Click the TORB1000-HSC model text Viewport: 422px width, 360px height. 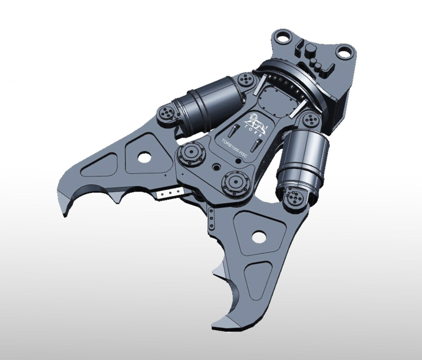(234, 150)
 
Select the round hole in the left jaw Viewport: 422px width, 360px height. (144, 157)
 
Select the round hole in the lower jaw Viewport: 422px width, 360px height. (259, 236)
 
